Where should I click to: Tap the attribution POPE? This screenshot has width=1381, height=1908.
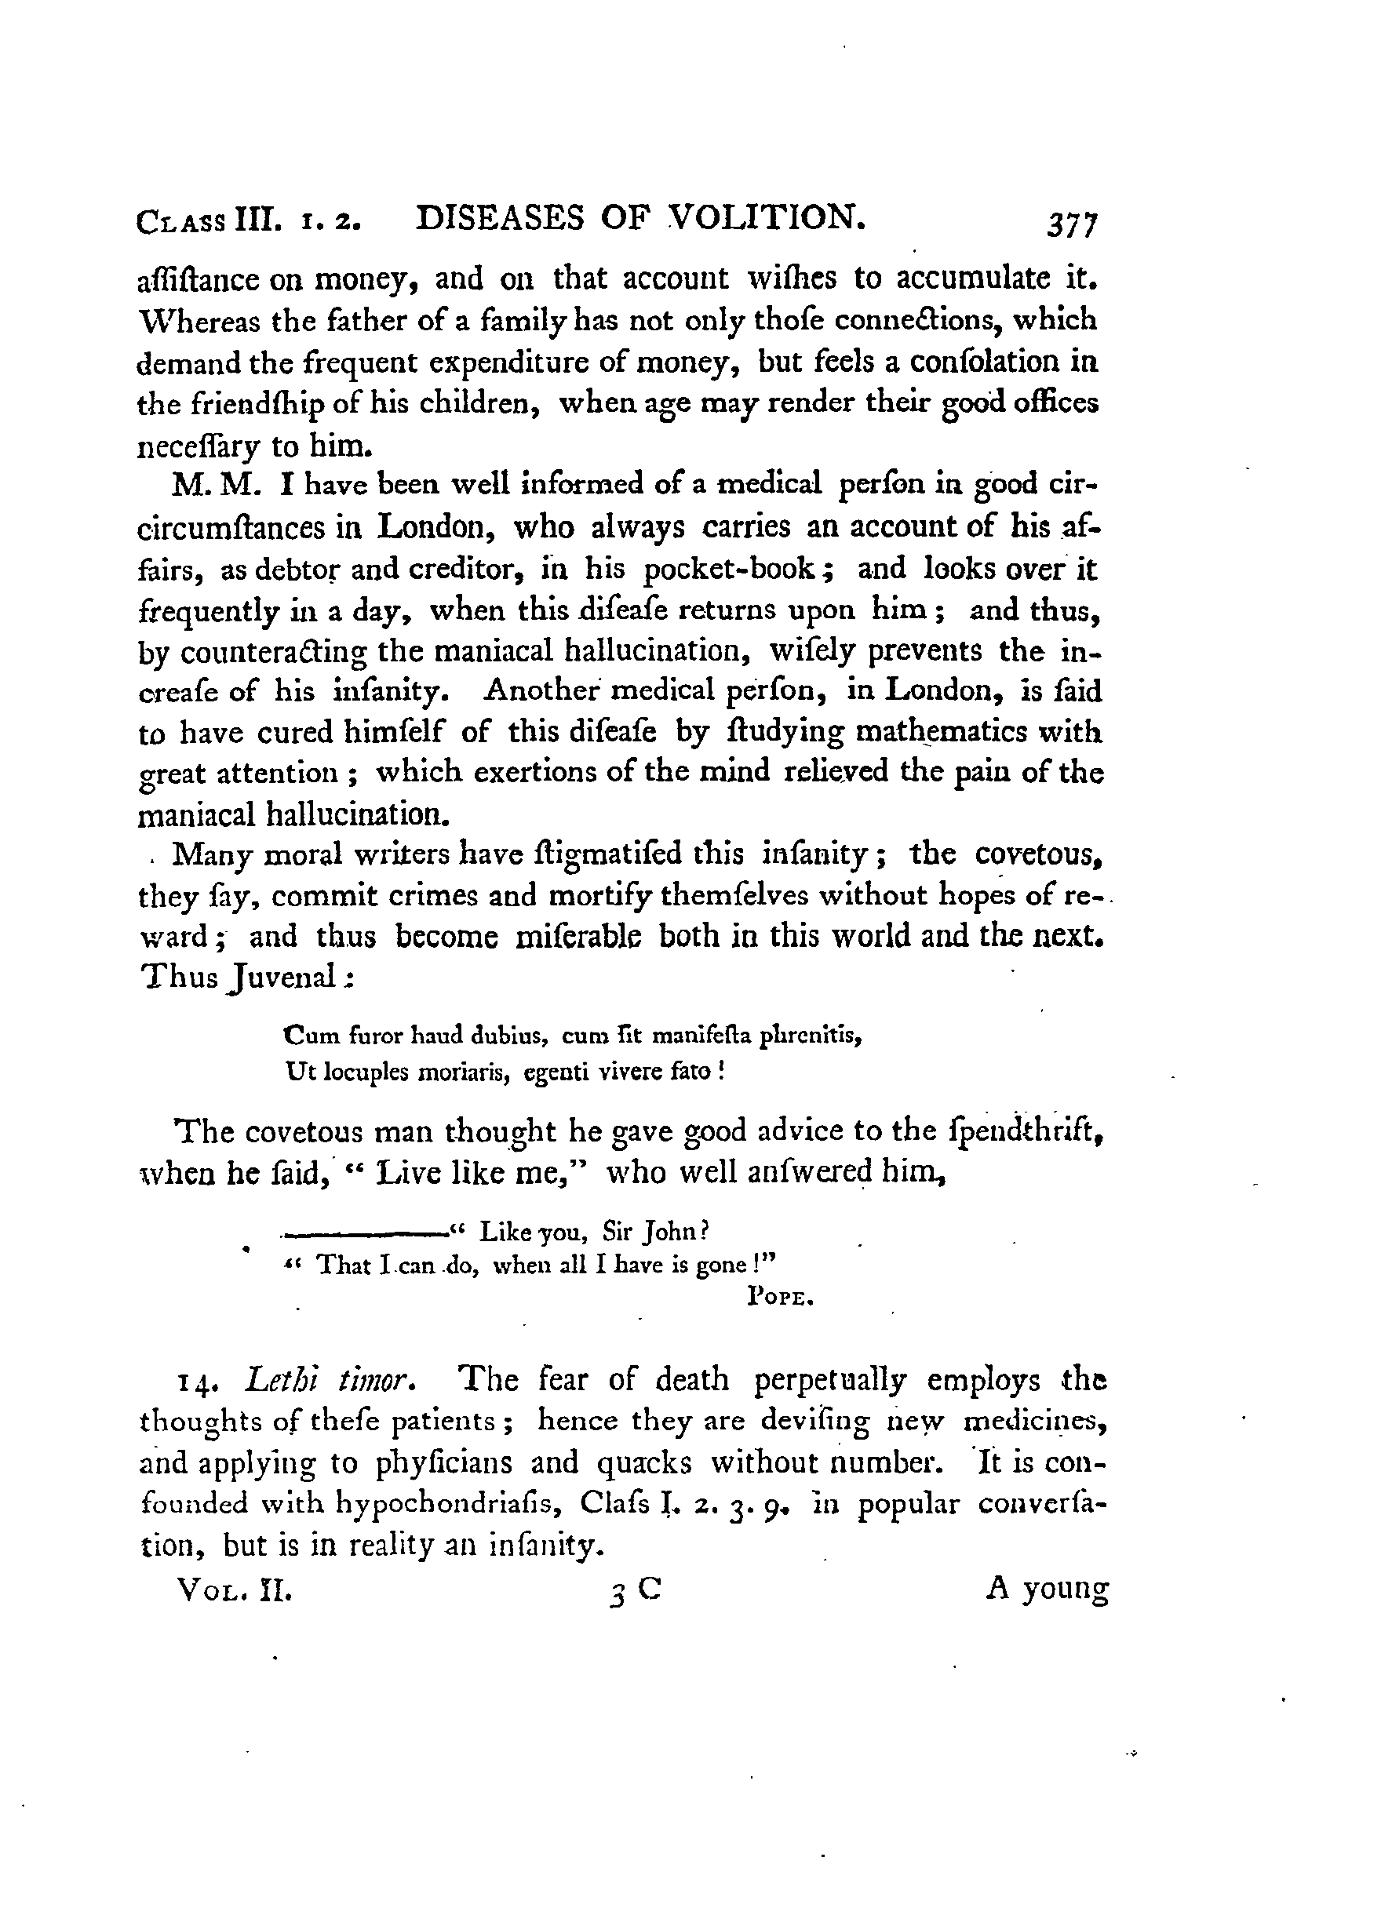779,1298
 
